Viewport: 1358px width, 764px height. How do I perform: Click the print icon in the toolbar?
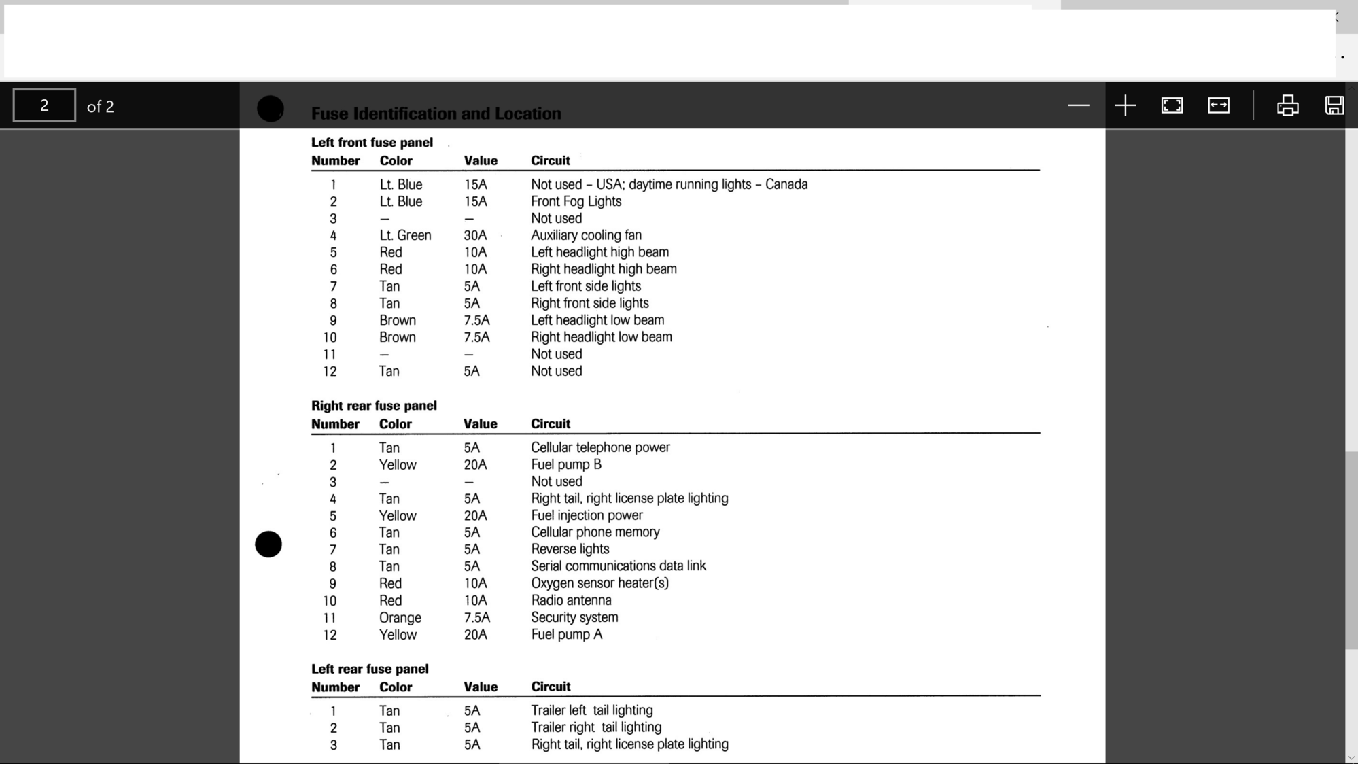coord(1287,105)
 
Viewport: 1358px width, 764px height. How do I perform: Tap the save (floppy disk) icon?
coord(1334,105)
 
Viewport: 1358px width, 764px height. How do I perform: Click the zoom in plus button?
coord(1125,105)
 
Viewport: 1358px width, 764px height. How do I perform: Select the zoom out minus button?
coord(1078,105)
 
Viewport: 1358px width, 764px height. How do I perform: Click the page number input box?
coord(44,105)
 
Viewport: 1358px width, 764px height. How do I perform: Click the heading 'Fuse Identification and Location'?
coord(436,114)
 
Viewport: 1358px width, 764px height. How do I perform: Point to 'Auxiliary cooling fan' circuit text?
coord(586,235)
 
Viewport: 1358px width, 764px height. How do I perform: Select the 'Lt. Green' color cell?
coord(405,235)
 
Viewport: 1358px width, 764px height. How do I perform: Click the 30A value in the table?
coord(475,235)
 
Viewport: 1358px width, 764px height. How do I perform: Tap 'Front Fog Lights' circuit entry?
coord(576,201)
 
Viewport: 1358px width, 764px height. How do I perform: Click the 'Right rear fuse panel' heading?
coord(374,406)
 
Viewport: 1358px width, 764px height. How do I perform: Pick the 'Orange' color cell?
coord(400,618)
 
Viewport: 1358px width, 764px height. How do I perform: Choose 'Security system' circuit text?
coord(574,617)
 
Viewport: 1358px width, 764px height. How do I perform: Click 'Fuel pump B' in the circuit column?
coord(565,464)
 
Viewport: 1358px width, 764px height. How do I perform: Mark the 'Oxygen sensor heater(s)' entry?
coord(599,583)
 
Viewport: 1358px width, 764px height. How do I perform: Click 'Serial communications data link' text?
coord(618,566)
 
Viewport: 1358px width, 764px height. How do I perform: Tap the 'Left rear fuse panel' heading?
coord(370,669)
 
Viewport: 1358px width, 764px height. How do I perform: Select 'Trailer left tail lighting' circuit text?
coord(591,710)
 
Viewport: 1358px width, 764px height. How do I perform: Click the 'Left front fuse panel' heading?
coord(372,143)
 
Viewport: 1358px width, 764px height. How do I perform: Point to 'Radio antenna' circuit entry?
coord(571,600)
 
